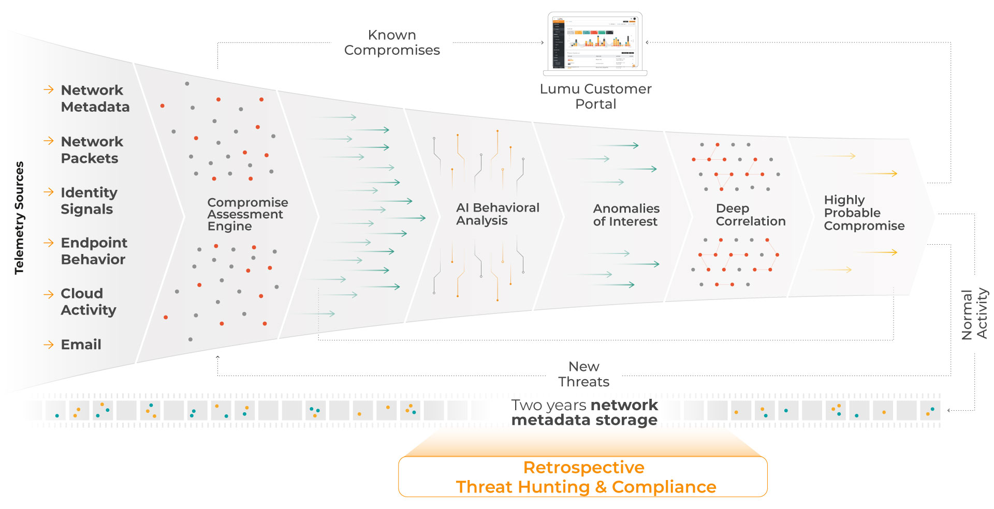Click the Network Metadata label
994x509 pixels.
95,98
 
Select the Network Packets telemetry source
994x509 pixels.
92,149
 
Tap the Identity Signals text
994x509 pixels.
89,200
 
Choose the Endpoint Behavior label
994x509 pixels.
94,251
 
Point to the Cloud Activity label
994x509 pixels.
88,302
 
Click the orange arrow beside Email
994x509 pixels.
49,345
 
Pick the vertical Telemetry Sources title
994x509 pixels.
19,217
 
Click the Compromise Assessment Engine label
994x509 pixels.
247,214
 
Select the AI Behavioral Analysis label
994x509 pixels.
497,214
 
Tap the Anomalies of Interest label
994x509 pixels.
626,215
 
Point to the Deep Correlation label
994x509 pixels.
750,215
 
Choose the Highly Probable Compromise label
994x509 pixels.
864,213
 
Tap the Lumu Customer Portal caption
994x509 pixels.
595,96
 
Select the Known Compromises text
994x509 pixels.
392,42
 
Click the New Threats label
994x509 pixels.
583,374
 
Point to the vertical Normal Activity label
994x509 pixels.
974,313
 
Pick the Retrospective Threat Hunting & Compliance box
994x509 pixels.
583,477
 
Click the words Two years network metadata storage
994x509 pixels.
584,412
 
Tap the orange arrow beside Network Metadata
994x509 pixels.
49,89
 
